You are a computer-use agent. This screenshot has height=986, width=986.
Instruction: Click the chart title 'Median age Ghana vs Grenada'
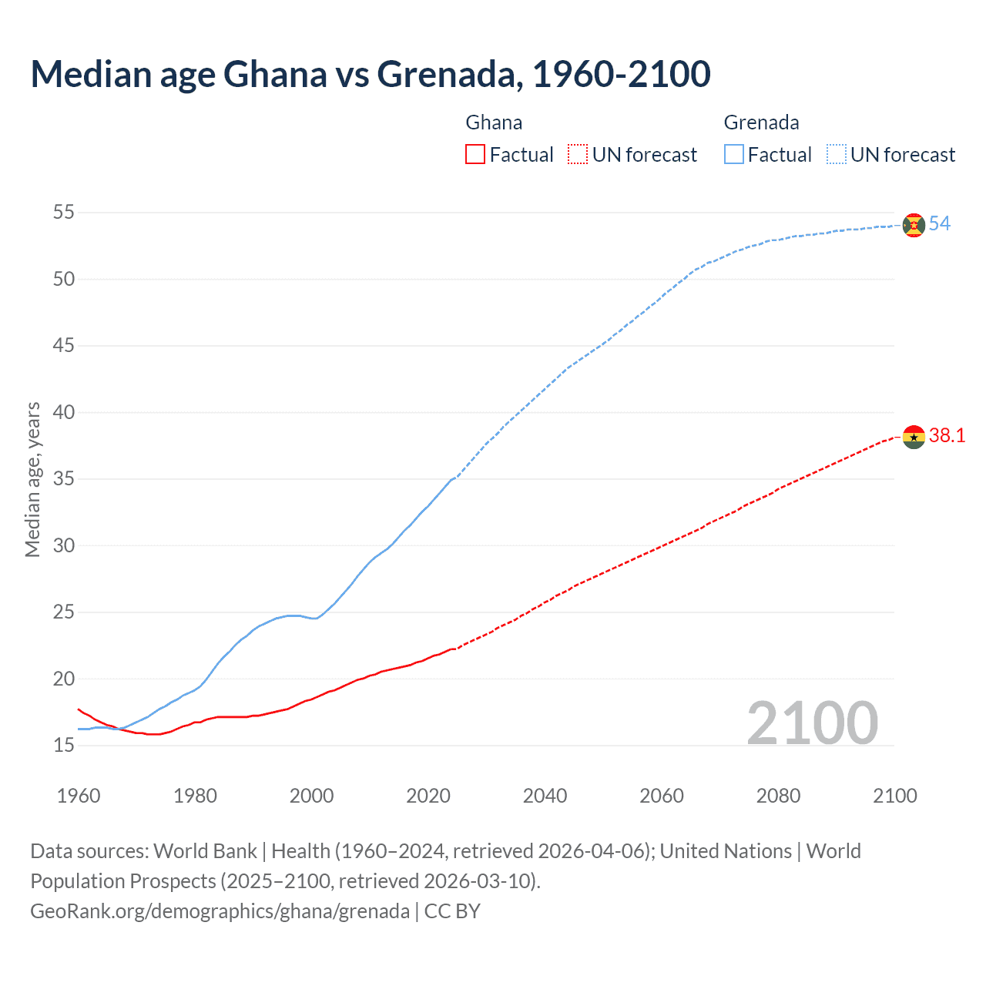tap(370, 74)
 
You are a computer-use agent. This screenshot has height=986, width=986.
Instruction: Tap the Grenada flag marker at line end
tap(914, 225)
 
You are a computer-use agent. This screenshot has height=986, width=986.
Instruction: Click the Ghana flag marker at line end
tap(914, 437)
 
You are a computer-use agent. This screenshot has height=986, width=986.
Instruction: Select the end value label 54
tap(940, 224)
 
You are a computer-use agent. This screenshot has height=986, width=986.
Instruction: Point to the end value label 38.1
tap(947, 436)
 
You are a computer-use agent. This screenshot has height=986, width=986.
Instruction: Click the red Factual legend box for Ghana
tap(475, 155)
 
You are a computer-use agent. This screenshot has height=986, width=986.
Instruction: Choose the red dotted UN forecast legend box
tap(578, 155)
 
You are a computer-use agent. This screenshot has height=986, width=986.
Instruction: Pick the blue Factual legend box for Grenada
tap(734, 155)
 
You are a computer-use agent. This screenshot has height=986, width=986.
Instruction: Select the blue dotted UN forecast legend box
tap(836, 155)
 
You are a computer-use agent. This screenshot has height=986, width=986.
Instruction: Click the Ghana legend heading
tap(494, 122)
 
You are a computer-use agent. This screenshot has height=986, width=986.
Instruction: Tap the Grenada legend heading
tap(761, 122)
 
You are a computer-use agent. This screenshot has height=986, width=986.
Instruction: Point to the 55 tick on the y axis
tap(64, 212)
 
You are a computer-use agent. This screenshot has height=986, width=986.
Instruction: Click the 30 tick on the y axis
tap(64, 545)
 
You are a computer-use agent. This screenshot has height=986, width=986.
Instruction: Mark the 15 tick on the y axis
tap(64, 745)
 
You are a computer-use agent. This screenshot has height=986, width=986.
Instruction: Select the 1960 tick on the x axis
tap(79, 796)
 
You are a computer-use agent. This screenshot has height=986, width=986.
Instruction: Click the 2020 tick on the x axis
tap(428, 796)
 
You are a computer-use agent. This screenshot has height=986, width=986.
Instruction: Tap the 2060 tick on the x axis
tap(662, 796)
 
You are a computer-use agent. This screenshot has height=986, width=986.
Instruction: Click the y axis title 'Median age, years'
tap(32, 479)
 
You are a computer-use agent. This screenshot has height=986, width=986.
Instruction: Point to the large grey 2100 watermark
tap(813, 723)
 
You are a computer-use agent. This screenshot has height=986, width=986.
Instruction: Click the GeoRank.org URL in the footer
tap(220, 911)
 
